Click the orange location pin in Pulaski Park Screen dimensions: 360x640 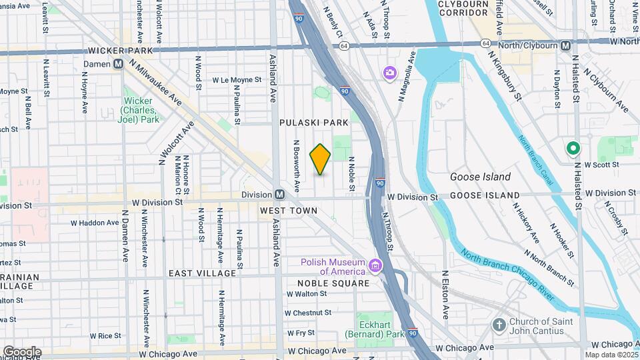pos(321,159)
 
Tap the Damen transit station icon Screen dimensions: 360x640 pos(119,64)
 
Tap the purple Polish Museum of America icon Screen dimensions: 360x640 pos(375,267)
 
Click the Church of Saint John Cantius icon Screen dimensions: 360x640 pos(499,325)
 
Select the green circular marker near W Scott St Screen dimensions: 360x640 pos(572,149)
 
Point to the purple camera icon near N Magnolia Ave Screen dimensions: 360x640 pos(389,72)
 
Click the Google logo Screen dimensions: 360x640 pos(22,351)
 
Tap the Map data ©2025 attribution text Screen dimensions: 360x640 pos(611,355)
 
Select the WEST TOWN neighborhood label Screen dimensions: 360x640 pos(288,211)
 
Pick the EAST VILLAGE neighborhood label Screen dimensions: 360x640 pos(202,273)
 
